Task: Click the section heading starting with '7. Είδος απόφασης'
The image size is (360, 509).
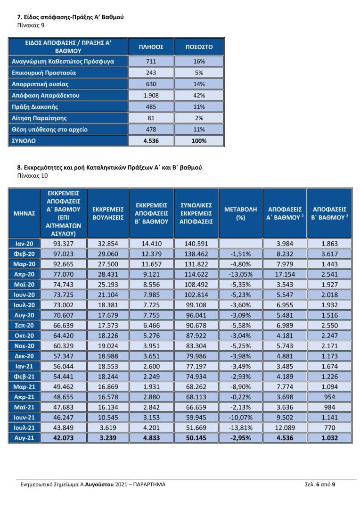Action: click(70, 17)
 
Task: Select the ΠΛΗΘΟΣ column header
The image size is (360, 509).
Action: click(151, 47)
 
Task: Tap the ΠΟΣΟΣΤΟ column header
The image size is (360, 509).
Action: click(199, 47)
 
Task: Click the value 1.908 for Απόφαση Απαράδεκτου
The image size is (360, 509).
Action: click(151, 95)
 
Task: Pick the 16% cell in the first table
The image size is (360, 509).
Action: click(199, 61)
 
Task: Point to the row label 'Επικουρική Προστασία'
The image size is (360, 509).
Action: click(44, 73)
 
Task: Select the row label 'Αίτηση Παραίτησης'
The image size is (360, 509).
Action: click(39, 118)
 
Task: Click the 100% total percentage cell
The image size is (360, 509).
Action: click(199, 141)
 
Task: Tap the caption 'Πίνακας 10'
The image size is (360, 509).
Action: click(33, 176)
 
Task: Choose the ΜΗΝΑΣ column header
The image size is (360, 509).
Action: click(25, 213)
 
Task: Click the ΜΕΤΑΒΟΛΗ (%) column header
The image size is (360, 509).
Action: click(240, 213)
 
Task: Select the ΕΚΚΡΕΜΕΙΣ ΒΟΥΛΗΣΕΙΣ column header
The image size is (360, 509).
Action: click(108, 213)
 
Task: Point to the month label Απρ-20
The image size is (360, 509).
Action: click(25, 274)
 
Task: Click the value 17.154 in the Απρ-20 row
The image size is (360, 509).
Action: click(285, 274)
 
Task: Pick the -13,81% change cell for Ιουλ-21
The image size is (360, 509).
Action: click(240, 427)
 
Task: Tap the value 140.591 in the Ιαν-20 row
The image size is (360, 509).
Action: click(196, 244)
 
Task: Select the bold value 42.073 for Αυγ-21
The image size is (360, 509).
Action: click(63, 438)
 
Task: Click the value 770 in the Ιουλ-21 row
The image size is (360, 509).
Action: click(330, 427)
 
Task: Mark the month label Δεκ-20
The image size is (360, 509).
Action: click(25, 356)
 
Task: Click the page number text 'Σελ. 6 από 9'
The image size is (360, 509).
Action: click(320, 484)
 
